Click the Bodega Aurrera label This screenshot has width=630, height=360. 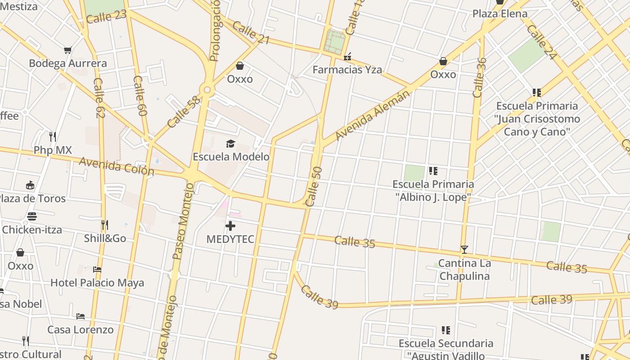pyautogui.click(x=68, y=63)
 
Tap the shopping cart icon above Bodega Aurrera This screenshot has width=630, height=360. pyautogui.click(x=67, y=50)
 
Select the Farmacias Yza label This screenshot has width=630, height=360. pyautogui.click(x=347, y=70)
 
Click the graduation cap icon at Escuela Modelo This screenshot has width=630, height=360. pyautogui.click(x=230, y=144)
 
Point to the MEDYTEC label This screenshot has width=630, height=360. pyautogui.click(x=230, y=239)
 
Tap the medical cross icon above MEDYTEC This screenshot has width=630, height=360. pyautogui.click(x=230, y=226)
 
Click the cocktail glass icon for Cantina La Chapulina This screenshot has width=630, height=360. pyautogui.click(x=464, y=250)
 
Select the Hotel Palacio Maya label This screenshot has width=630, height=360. pyautogui.click(x=97, y=283)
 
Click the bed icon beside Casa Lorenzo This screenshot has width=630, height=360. pyautogui.click(x=81, y=316)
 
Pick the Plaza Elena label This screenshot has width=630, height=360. pyautogui.click(x=499, y=14)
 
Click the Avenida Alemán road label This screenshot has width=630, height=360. pyautogui.click(x=373, y=115)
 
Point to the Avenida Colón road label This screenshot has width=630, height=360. pyautogui.click(x=117, y=166)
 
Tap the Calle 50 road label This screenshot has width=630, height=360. pyautogui.click(x=314, y=187)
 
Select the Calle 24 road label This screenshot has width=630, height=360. pyautogui.click(x=541, y=42)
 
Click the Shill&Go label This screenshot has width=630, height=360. pyautogui.click(x=105, y=238)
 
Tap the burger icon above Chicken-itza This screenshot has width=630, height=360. pyautogui.click(x=31, y=216)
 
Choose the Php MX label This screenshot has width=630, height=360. pyautogui.click(x=53, y=150)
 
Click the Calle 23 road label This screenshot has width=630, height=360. pyautogui.click(x=106, y=17)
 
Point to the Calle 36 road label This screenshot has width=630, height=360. pyautogui.click(x=479, y=77)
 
